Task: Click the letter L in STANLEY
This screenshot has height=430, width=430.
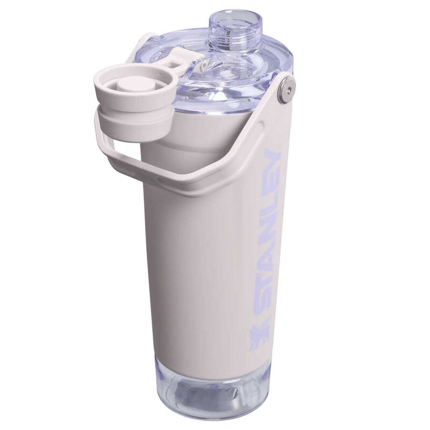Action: click(269, 214)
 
